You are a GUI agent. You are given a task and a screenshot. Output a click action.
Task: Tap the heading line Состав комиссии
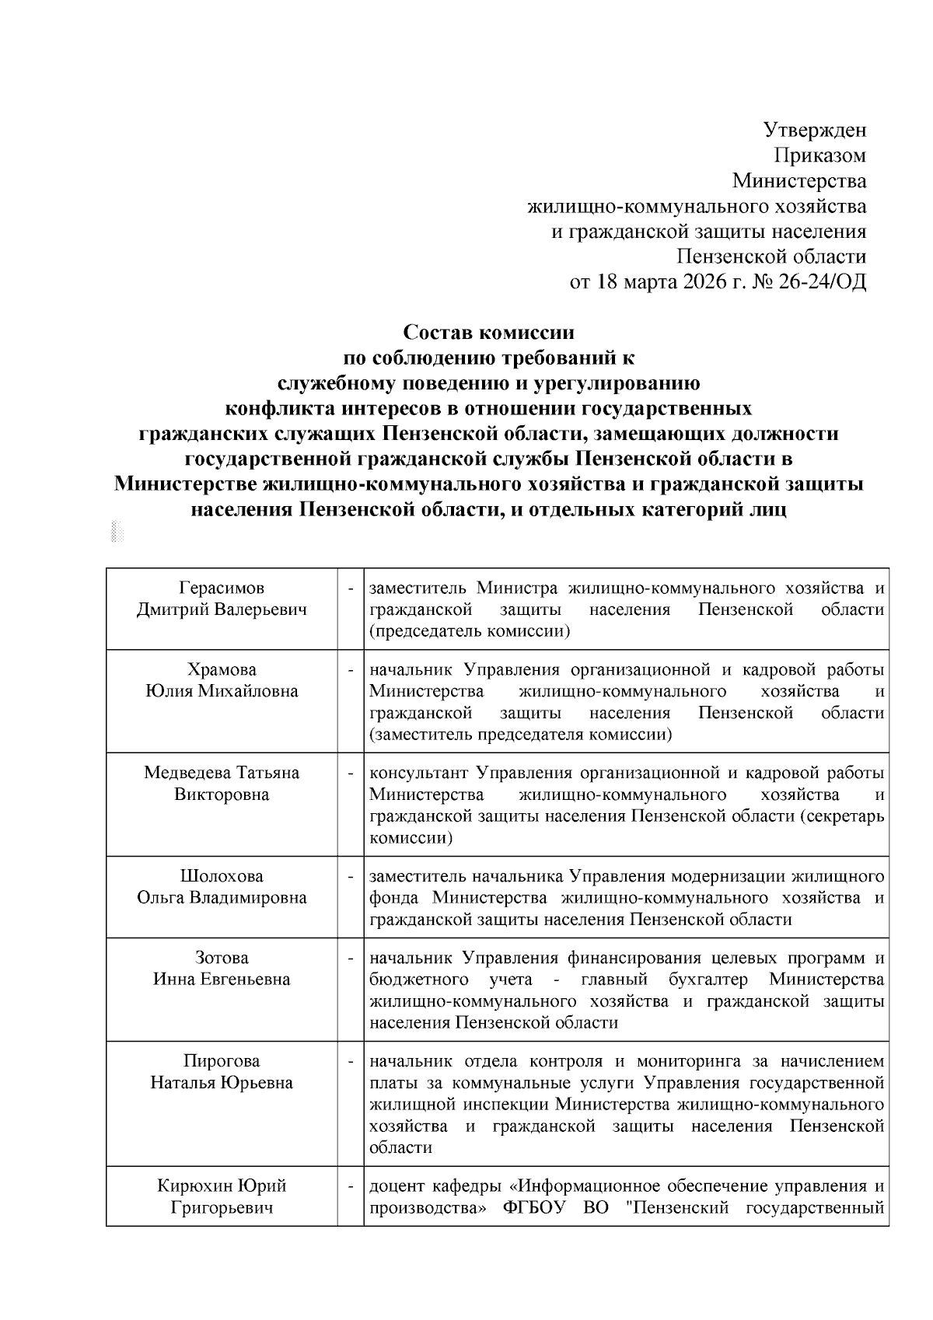[488, 333]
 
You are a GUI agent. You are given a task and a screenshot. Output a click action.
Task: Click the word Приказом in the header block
[819, 155]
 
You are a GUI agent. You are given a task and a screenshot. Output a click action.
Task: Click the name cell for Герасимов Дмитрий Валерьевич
[222, 599]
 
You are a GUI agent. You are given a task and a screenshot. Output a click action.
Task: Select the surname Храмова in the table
[222, 670]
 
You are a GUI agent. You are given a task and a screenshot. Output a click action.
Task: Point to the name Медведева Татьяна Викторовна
[222, 784]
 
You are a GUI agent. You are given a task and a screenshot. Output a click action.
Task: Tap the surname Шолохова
[222, 876]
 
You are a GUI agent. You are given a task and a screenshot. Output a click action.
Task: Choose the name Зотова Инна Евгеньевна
[222, 969]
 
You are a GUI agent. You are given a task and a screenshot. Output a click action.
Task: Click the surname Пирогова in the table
[222, 1061]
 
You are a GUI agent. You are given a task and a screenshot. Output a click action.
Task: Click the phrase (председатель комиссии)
[470, 631]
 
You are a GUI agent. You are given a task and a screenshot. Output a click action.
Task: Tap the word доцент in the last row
[395, 1186]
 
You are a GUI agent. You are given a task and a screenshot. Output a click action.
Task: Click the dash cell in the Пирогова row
[351, 1062]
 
